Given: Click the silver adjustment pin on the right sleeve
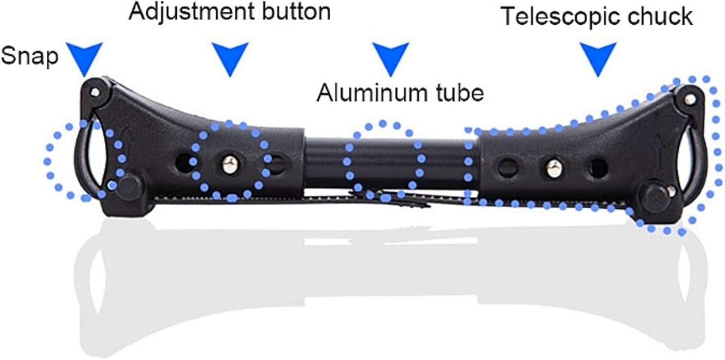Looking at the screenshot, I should tap(553, 167).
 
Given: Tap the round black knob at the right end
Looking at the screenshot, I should tap(655, 195).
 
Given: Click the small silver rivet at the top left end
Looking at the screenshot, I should tap(94, 92).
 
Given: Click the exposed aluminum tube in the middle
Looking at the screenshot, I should tap(387, 162).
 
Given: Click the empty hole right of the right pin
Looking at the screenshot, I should tap(597, 168).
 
